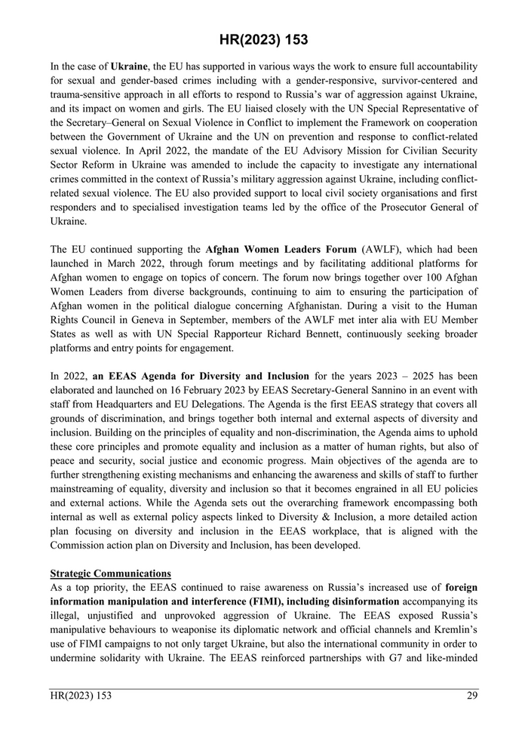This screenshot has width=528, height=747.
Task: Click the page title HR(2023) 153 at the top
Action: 263,39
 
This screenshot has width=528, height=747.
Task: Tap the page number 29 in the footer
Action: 471,696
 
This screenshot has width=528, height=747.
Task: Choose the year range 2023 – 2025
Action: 404,375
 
